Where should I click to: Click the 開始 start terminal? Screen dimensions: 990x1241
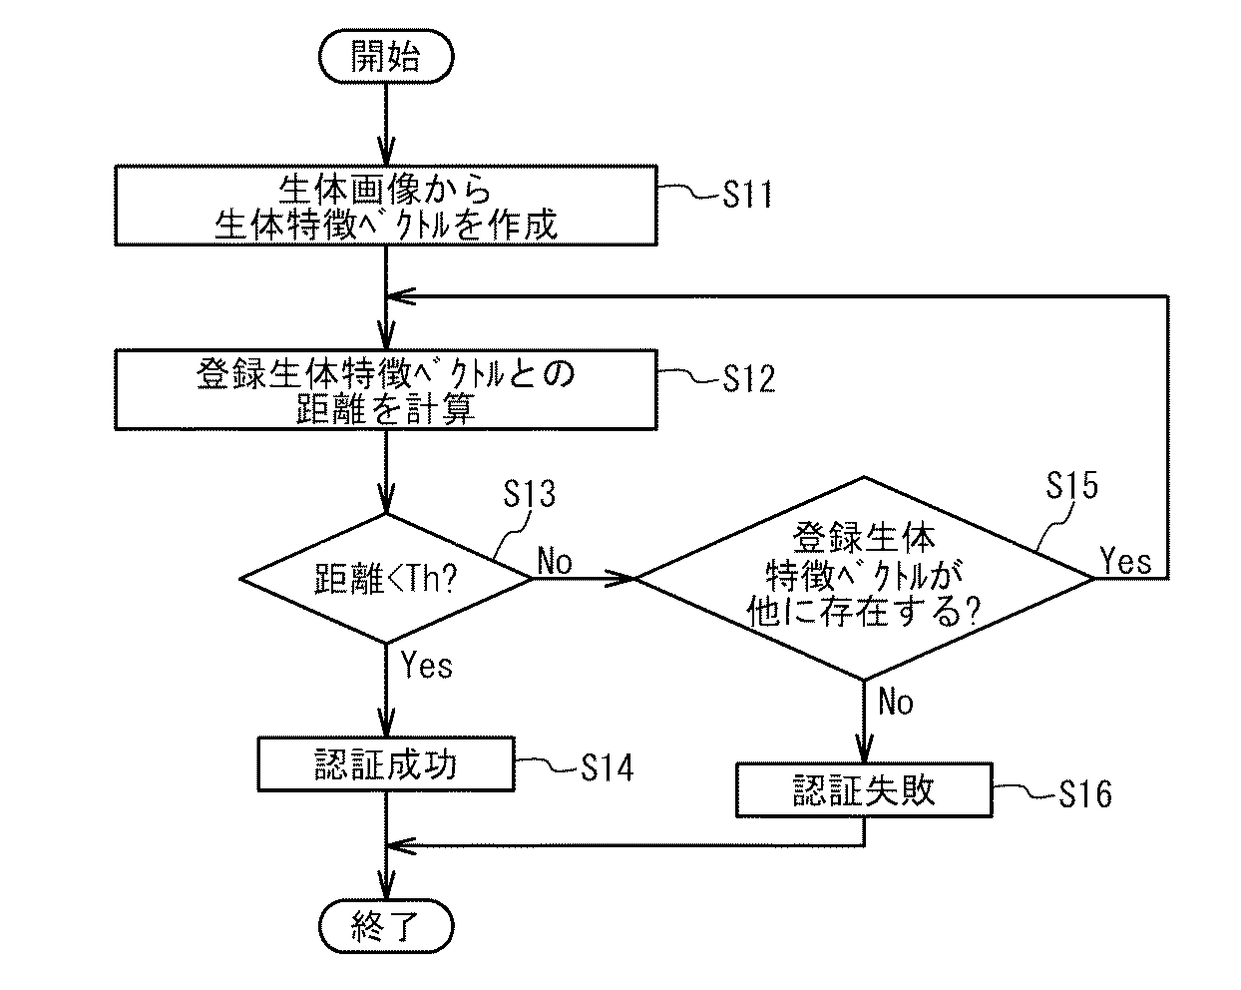click(385, 57)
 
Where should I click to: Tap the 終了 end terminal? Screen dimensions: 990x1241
click(385, 930)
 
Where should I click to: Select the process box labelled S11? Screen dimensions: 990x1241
click(385, 207)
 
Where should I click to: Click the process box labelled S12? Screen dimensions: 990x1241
click(385, 389)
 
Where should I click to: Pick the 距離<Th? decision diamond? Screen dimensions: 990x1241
click(385, 579)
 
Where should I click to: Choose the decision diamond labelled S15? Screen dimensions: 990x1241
click(864, 579)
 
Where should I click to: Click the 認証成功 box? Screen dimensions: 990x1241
click(385, 764)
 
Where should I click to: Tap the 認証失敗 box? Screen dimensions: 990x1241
click(864, 790)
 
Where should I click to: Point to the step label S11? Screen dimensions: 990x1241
click(747, 194)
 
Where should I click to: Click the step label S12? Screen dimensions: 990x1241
click(747, 378)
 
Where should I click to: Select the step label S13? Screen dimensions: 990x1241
click(529, 493)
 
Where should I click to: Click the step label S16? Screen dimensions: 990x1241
click(1084, 794)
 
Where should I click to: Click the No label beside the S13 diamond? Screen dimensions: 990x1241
click(555, 562)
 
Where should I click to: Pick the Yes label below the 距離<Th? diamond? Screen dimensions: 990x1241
click(426, 665)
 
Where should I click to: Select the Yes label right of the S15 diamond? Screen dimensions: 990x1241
click(1125, 561)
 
